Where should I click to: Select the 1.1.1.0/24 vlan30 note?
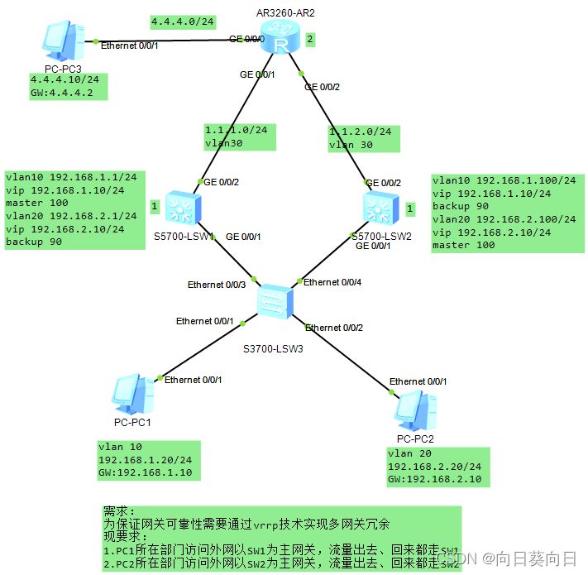[x=239, y=137]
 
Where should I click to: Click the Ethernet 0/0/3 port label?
[x=217, y=285]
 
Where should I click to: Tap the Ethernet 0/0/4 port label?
[x=333, y=282]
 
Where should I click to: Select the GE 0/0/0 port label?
[x=246, y=39]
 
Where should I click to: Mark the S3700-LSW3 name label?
[x=275, y=347]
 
